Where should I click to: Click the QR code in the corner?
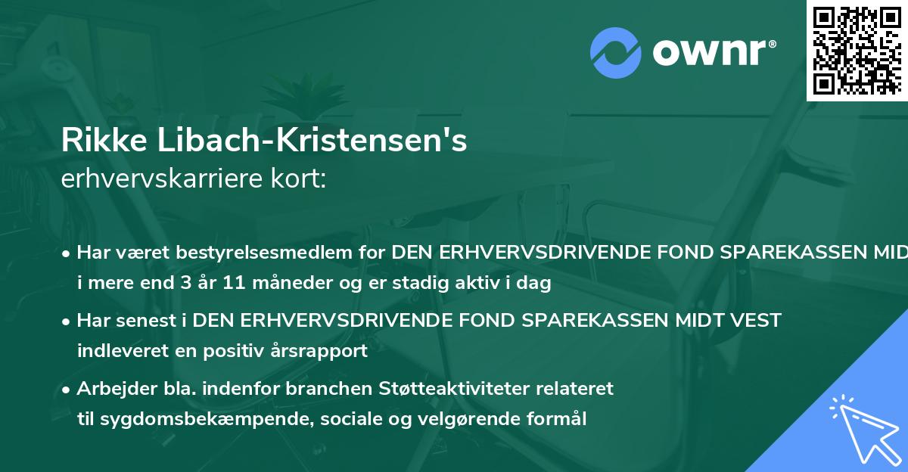pyautogui.click(x=857, y=50)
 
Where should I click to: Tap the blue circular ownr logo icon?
pyautogui.click(x=617, y=51)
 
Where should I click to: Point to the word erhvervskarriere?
pyautogui.click(x=152, y=179)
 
